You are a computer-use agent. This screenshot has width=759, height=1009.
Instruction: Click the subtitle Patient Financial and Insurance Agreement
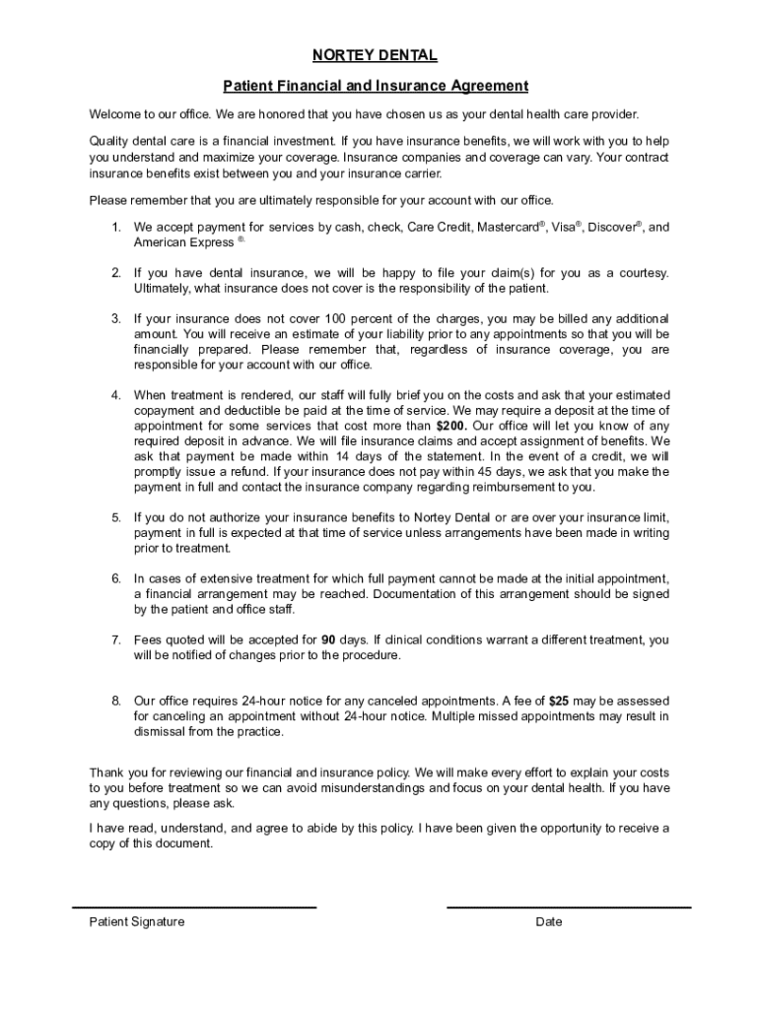(376, 86)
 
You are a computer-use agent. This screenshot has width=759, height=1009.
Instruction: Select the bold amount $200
(450, 426)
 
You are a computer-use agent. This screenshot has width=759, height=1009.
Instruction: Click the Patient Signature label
(136, 922)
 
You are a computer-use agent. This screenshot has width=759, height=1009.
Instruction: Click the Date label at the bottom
(549, 922)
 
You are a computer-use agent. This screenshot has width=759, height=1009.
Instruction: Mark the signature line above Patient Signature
(194, 907)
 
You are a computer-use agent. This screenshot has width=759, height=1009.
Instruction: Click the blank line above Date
(569, 907)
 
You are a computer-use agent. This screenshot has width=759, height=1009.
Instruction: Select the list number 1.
(115, 228)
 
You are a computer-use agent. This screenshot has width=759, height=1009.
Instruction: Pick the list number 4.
(115, 395)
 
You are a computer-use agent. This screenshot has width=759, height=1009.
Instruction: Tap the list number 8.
(115, 701)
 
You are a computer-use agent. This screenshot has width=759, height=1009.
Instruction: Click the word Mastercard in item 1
(509, 228)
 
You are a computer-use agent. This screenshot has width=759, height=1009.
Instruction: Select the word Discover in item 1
(612, 228)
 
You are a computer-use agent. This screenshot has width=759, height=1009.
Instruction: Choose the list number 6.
(115, 578)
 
